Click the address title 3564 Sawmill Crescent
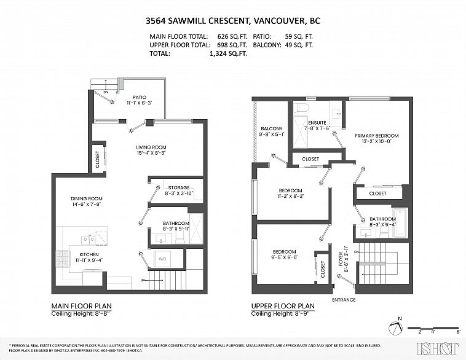tap(232, 21)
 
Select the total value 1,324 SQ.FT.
tap(228, 54)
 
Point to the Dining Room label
tap(86, 198)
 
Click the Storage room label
tap(179, 187)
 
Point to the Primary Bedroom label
tap(376, 136)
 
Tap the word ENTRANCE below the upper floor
tap(343, 299)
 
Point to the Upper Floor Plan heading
tap(283, 305)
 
